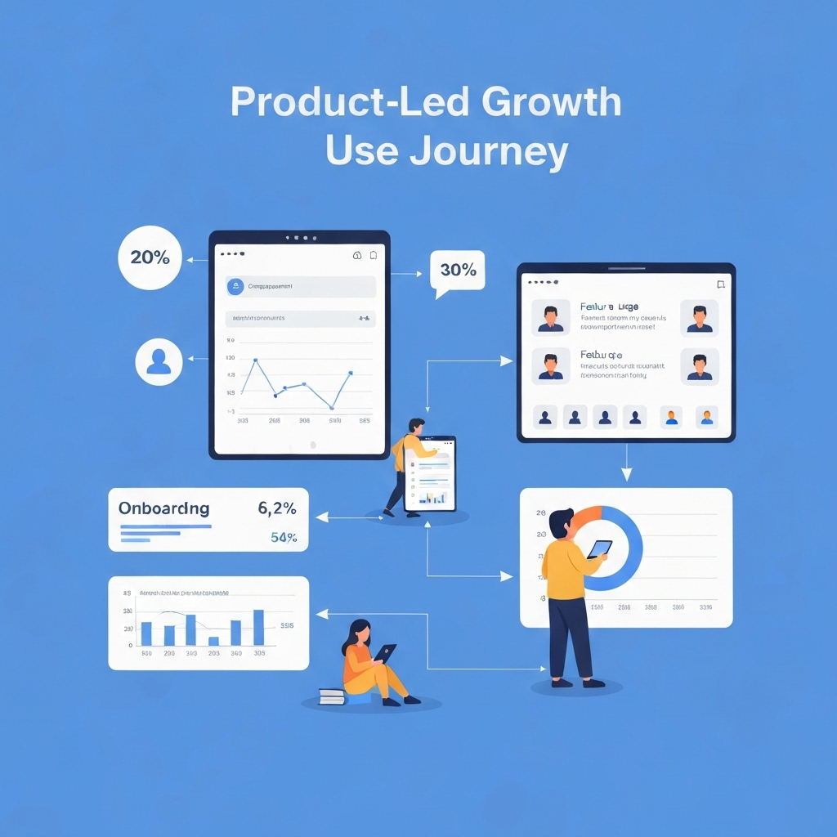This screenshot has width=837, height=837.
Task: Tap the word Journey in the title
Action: pyautogui.click(x=489, y=152)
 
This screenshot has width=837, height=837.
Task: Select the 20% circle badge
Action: pyautogui.click(x=150, y=257)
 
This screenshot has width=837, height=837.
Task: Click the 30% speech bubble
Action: pyautogui.click(x=457, y=270)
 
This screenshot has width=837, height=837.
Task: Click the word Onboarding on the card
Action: pyautogui.click(x=163, y=508)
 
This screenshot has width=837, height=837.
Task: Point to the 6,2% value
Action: pyautogui.click(x=276, y=508)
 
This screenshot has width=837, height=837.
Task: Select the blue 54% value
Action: pyautogui.click(x=283, y=538)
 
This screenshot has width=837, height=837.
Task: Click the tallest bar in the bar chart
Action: pyautogui.click(x=258, y=628)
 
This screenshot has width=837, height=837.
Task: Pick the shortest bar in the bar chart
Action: pyautogui.click(x=213, y=641)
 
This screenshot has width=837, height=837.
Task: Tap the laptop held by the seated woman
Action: pyautogui.click(x=386, y=652)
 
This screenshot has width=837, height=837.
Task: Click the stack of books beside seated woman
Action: pyautogui.click(x=332, y=696)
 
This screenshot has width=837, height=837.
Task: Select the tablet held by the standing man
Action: pyautogui.click(x=599, y=548)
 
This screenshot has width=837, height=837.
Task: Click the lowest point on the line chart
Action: pyautogui.click(x=332, y=407)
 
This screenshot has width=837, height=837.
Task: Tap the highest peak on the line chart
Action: pyautogui.click(x=256, y=360)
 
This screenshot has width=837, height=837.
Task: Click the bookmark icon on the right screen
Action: pyautogui.click(x=720, y=284)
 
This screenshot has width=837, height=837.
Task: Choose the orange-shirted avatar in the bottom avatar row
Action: pyautogui.click(x=671, y=417)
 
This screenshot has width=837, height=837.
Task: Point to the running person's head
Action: pyautogui.click(x=417, y=427)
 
